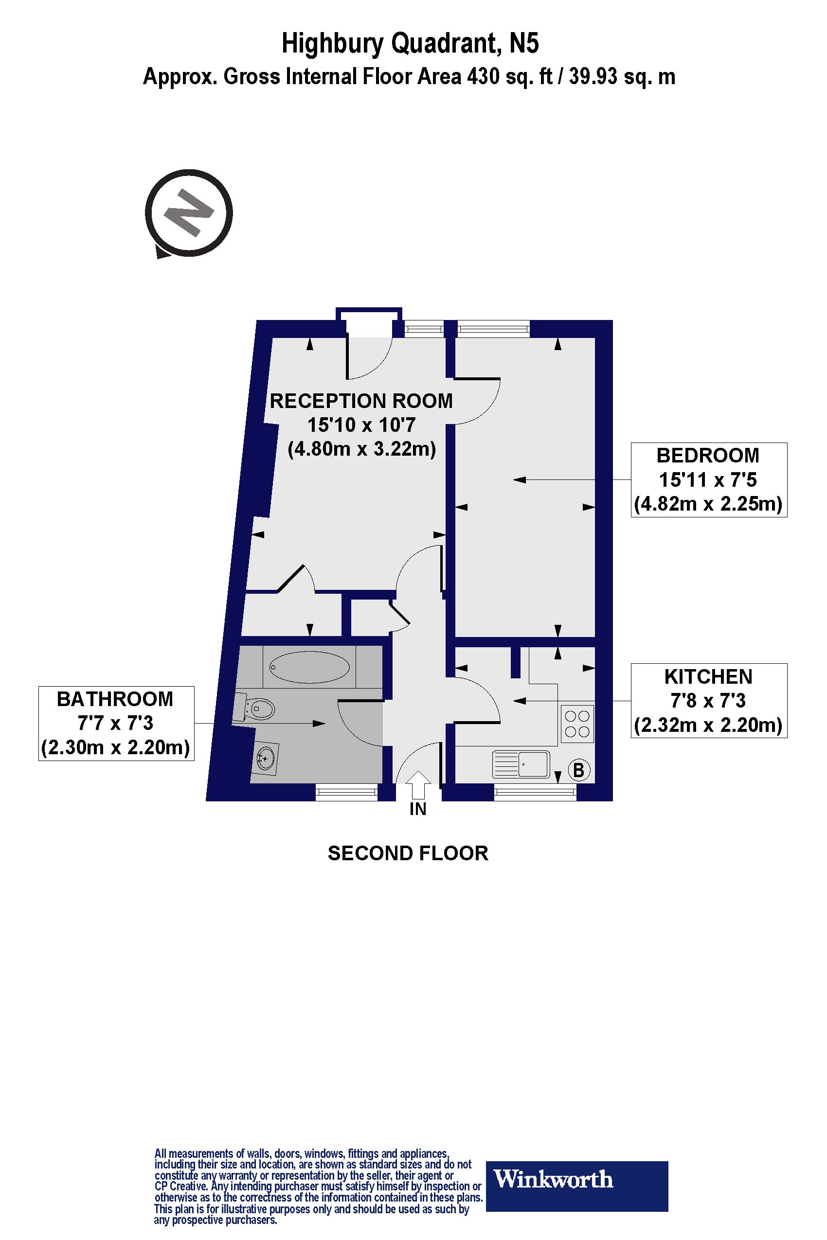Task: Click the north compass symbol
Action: point(189,213)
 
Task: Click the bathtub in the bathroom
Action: point(309,667)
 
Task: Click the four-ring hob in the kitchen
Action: point(576,724)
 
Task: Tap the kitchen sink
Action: point(521,764)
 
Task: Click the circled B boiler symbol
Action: point(578,770)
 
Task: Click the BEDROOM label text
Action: point(708,456)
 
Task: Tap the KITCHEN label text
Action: point(708,676)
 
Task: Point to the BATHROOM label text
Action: point(115,699)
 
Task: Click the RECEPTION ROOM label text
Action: point(361,401)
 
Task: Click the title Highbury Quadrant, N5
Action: point(410,43)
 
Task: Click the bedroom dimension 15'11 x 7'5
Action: point(708,480)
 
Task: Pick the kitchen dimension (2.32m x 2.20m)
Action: point(708,726)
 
